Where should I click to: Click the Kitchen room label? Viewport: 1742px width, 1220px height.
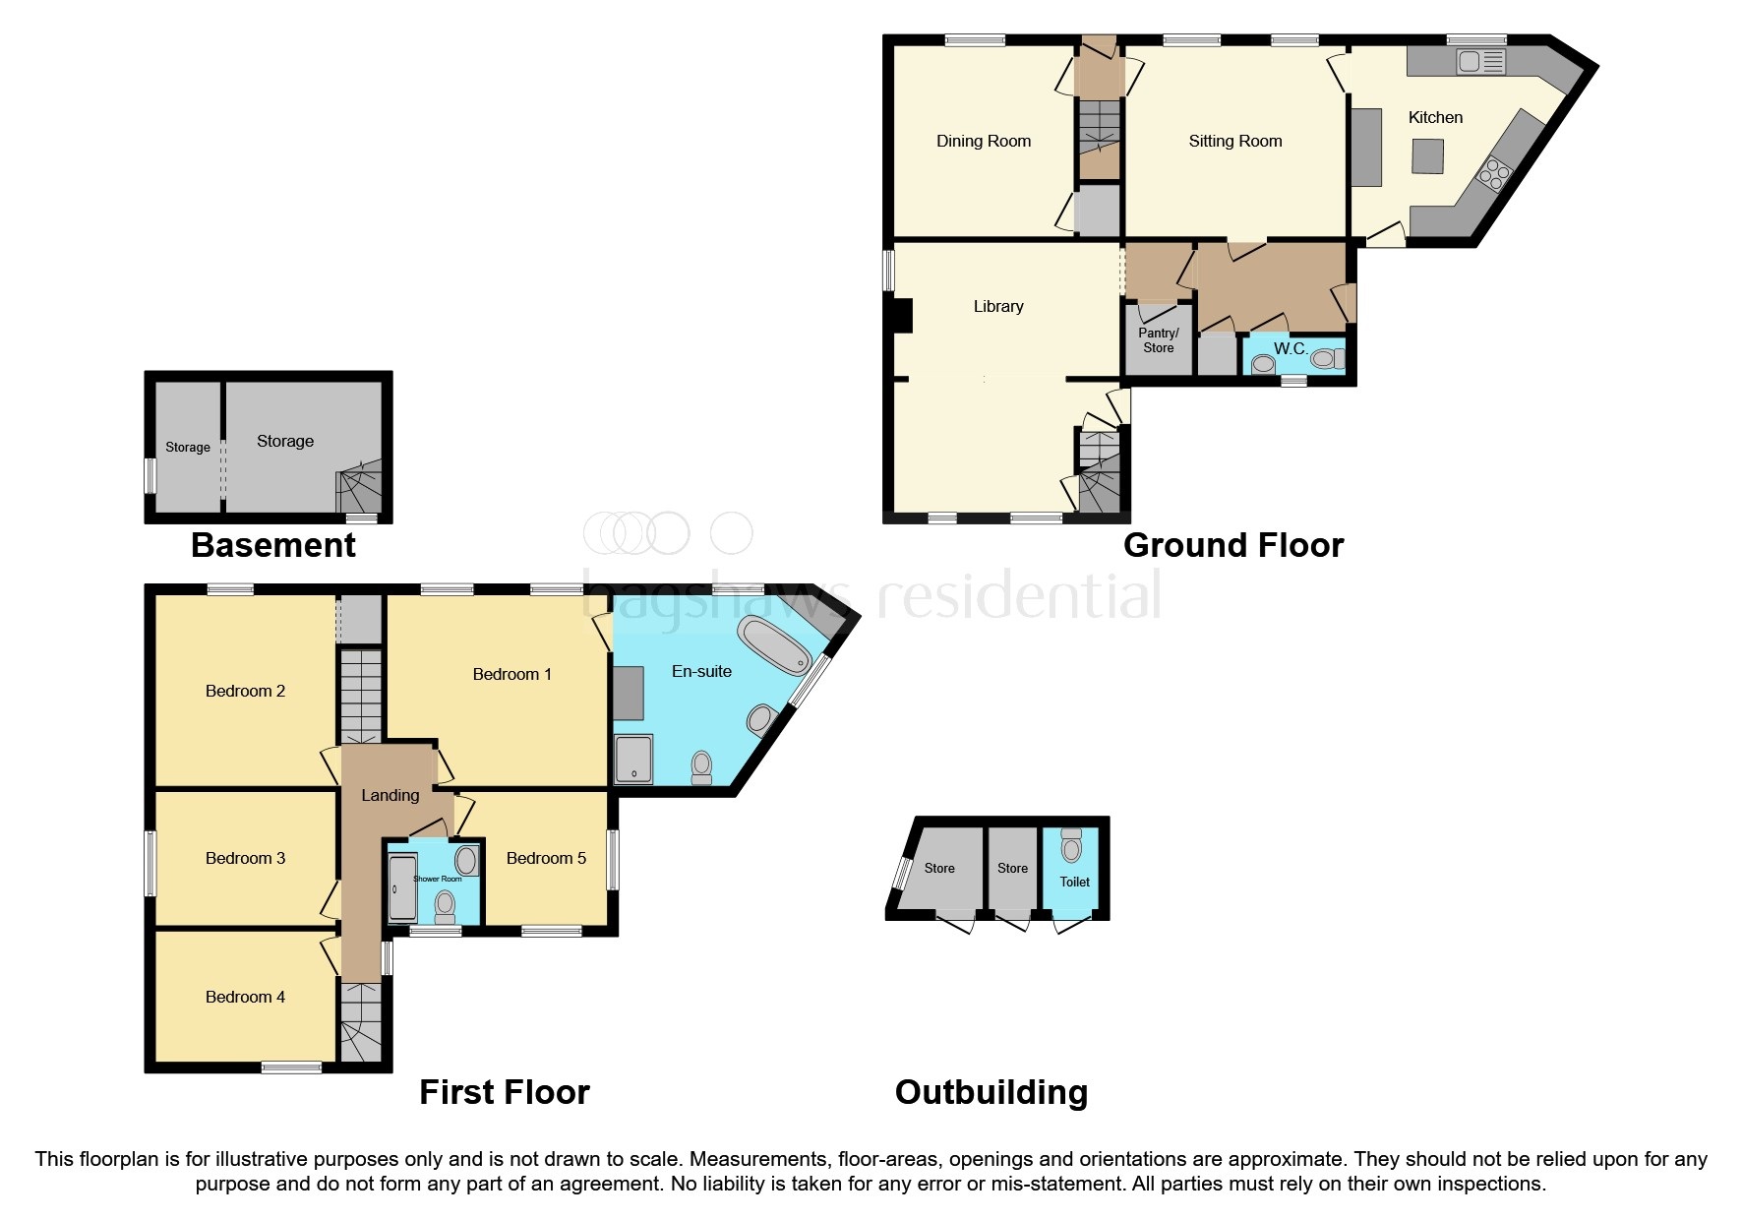tap(1435, 117)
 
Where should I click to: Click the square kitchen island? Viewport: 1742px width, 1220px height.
tap(1428, 155)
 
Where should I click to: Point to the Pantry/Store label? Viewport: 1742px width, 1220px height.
tap(1158, 340)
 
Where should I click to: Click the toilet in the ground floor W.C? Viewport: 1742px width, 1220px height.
tap(1325, 359)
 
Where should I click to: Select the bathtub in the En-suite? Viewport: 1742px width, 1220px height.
tap(775, 644)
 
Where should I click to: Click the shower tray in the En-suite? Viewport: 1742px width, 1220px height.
tap(633, 759)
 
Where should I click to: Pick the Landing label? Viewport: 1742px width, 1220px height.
tap(390, 795)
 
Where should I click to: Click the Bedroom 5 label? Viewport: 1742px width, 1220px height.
tap(546, 858)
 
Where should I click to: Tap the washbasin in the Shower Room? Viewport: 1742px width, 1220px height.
tap(466, 861)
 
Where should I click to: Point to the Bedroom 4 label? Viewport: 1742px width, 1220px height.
tap(245, 997)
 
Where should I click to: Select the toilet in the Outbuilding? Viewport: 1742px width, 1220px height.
tap(1071, 846)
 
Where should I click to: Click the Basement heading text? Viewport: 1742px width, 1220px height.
tap(273, 545)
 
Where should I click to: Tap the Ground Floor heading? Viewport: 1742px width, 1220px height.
tap(1232, 545)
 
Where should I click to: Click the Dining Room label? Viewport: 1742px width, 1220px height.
tap(983, 141)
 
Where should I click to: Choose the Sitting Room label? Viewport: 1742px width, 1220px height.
tap(1234, 141)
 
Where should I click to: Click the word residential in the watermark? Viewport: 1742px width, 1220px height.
tap(1018, 595)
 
